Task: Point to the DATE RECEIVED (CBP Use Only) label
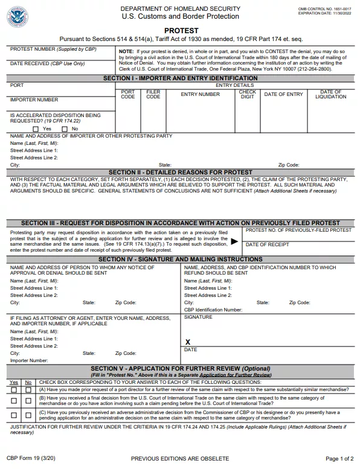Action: [x=48, y=63]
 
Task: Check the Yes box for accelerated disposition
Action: [x=36, y=129]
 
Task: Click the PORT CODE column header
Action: [x=128, y=94]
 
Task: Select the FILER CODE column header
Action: [x=153, y=94]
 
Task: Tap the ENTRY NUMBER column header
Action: [x=201, y=94]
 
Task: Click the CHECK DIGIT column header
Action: [x=248, y=94]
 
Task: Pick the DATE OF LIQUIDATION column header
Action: [x=330, y=94]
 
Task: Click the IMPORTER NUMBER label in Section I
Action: [x=34, y=100]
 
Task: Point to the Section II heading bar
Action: [x=180, y=172]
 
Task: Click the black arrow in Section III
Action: [x=234, y=241]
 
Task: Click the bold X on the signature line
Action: [x=188, y=342]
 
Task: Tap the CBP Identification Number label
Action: [x=213, y=309]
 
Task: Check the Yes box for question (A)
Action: [x=14, y=390]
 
